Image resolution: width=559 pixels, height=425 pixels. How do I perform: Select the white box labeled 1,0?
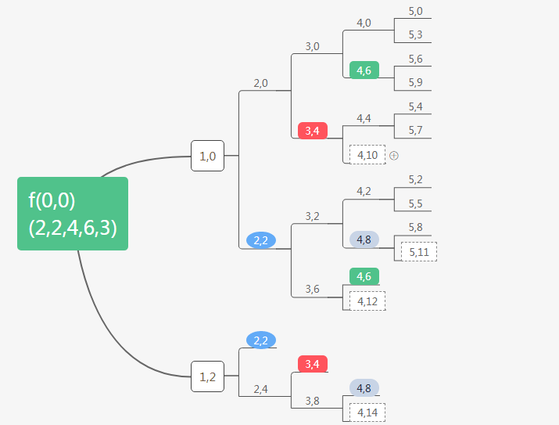click(207, 156)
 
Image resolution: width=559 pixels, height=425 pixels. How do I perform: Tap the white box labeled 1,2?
click(207, 376)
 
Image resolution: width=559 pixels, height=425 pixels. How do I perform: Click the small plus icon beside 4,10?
click(394, 155)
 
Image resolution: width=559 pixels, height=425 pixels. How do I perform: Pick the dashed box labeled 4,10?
click(367, 155)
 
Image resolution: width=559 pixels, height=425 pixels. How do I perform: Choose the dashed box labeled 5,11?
click(419, 251)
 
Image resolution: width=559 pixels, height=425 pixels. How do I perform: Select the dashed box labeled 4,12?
click(367, 301)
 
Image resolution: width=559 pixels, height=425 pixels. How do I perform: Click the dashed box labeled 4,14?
click(367, 412)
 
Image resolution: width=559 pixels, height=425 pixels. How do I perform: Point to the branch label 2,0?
click(260, 82)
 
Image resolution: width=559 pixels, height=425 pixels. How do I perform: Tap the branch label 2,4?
click(260, 388)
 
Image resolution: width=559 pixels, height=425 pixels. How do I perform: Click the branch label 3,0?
click(312, 46)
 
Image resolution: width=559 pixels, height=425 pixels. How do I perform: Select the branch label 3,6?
click(312, 289)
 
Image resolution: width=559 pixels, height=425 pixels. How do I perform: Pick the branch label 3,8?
click(312, 401)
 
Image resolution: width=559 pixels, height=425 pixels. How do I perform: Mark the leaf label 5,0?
click(415, 11)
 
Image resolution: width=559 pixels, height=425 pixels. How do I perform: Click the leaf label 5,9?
click(415, 82)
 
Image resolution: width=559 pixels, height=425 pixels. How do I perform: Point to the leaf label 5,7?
click(415, 130)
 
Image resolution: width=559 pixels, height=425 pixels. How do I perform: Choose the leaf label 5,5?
click(415, 203)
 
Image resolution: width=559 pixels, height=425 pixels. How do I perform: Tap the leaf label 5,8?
click(415, 227)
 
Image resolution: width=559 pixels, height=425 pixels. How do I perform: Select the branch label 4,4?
click(364, 118)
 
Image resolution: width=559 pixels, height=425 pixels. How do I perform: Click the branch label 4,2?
click(364, 191)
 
